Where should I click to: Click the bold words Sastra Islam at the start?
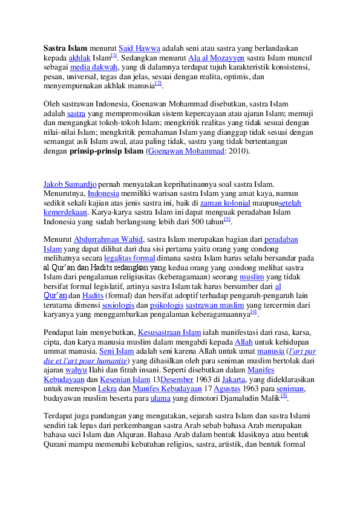(x=65, y=48)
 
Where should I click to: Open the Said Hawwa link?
(x=139, y=48)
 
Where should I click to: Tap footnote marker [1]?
(x=114, y=56)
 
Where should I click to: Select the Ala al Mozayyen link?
(x=216, y=58)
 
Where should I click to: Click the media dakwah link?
(x=94, y=67)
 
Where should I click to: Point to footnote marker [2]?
(x=159, y=83)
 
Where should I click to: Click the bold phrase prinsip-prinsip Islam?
(x=106, y=151)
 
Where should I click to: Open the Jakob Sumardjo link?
(x=70, y=184)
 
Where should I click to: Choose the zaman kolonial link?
(x=225, y=203)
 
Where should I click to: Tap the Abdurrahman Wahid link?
(x=108, y=239)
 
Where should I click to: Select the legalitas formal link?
(x=129, y=258)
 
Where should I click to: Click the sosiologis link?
(x=118, y=305)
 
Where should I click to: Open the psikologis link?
(x=166, y=305)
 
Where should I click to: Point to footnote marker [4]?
(x=254, y=312)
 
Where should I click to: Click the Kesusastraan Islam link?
(x=169, y=332)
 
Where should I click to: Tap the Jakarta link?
(x=234, y=380)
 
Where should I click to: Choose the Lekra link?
(x=107, y=389)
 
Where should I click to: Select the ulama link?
(x=160, y=398)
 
